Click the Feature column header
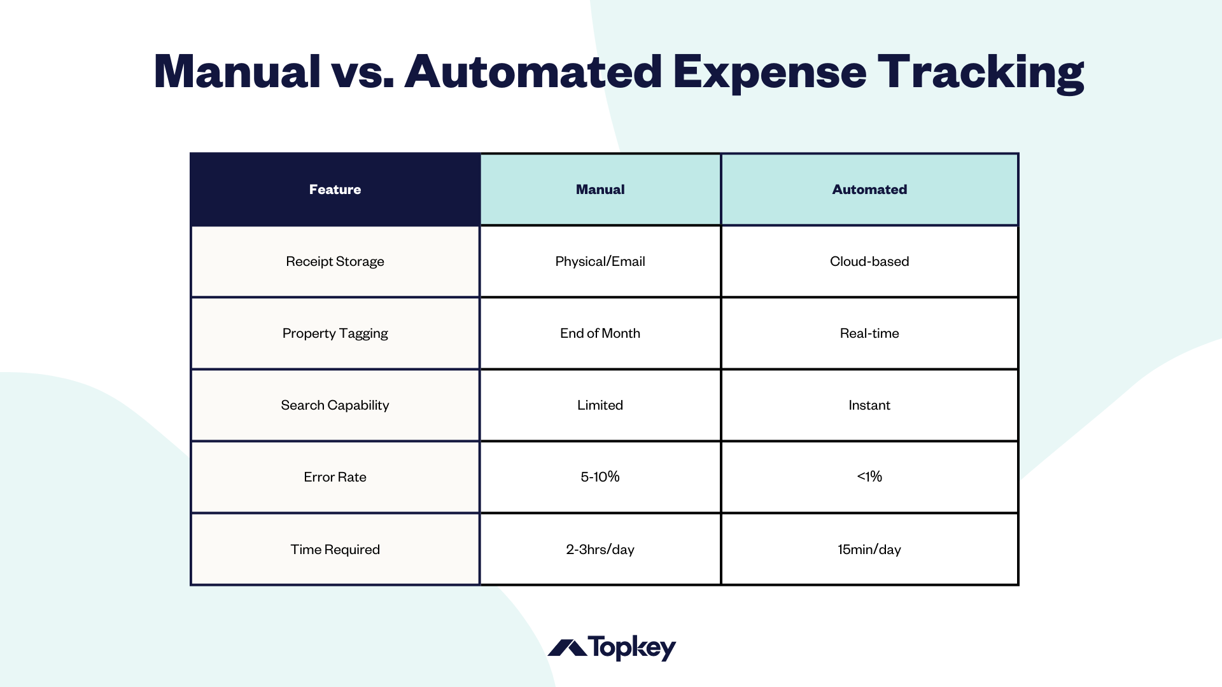point(335,190)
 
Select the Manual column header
point(600,190)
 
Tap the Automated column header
point(869,190)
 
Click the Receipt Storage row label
point(335,261)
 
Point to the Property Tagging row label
point(335,333)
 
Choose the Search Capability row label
point(335,405)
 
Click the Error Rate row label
point(335,477)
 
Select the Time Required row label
point(335,550)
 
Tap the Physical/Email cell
point(600,261)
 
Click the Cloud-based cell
point(869,261)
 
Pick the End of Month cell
point(600,333)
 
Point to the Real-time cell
point(869,333)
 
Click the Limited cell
point(600,405)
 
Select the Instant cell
point(869,405)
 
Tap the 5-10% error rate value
point(600,477)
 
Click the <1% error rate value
point(869,477)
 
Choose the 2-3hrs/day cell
point(600,550)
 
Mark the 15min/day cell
point(869,550)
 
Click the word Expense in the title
point(769,73)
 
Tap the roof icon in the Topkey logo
point(567,648)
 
